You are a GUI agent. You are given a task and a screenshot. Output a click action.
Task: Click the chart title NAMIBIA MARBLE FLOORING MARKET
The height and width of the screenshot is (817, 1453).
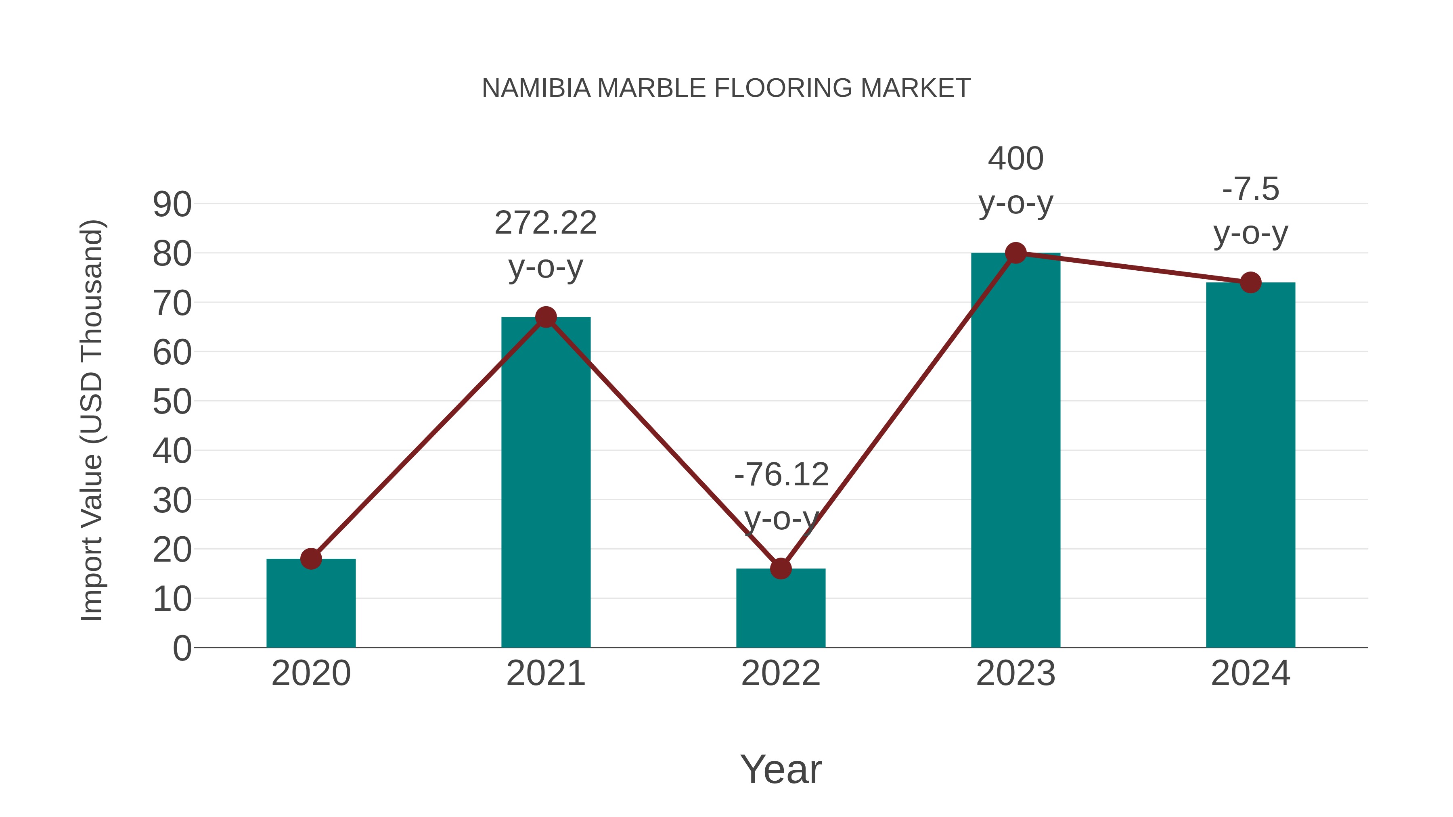coord(726,88)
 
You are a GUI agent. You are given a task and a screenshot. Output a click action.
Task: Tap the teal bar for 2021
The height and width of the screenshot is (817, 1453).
coord(545,485)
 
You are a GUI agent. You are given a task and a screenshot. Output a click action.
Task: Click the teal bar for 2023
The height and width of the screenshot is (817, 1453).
coord(1015,451)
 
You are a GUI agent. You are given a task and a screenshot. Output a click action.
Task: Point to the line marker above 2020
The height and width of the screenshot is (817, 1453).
coord(311,559)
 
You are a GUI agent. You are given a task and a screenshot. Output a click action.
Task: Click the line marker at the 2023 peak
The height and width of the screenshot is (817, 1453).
coord(1015,253)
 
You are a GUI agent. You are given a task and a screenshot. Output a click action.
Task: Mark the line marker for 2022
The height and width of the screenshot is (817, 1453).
coord(781,568)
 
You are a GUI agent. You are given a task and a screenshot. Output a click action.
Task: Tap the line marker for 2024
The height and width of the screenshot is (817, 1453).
coord(1250,282)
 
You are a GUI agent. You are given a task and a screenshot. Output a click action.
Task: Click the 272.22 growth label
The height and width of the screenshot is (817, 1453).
coord(545,223)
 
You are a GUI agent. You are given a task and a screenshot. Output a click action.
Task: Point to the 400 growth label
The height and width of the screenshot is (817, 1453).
coord(1015,159)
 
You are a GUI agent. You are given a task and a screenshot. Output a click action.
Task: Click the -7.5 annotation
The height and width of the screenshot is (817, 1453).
coord(1250,190)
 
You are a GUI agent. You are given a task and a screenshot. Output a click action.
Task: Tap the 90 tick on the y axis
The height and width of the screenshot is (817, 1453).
coord(172,205)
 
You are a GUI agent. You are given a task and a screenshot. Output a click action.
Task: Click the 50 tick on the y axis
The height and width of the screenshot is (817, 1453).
coord(172,402)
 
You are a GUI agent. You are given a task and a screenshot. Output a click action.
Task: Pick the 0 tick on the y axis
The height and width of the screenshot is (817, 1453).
coord(182,648)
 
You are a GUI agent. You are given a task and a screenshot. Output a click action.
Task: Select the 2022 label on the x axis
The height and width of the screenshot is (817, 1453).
coord(781,674)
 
